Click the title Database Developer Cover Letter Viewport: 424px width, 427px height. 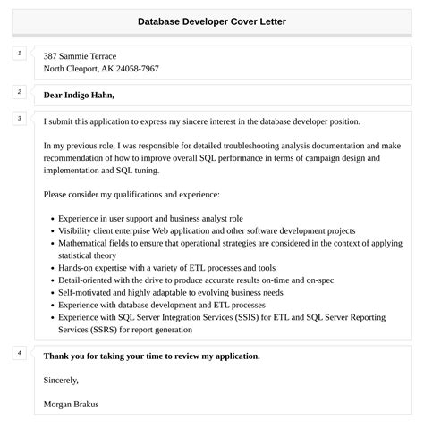point(212,21)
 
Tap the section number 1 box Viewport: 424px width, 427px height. point(20,54)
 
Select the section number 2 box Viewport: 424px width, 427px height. point(20,91)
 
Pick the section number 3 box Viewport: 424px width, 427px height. point(20,118)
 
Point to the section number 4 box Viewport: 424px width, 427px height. point(20,353)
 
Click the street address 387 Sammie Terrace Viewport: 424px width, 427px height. point(80,56)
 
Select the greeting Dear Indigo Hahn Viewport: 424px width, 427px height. point(79,95)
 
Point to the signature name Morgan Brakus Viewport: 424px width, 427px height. point(71,404)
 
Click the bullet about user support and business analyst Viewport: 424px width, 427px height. point(150,218)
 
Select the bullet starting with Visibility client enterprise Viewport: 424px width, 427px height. point(207,230)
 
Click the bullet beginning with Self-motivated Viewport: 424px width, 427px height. point(171,292)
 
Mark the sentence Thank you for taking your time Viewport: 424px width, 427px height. point(151,356)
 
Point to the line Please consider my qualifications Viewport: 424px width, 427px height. point(131,194)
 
